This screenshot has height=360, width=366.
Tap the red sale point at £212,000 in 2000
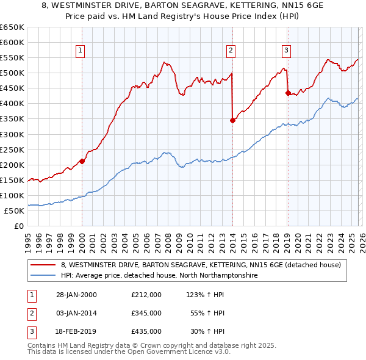[x=82, y=161]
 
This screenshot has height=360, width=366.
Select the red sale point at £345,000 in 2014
[x=232, y=120]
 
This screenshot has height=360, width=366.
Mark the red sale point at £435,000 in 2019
[x=287, y=93]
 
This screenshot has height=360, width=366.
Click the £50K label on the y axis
[x=14, y=211]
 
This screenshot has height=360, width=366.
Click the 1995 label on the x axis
[x=28, y=239]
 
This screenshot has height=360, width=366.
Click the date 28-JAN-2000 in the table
[x=77, y=295]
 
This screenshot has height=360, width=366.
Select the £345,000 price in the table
[x=146, y=313]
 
